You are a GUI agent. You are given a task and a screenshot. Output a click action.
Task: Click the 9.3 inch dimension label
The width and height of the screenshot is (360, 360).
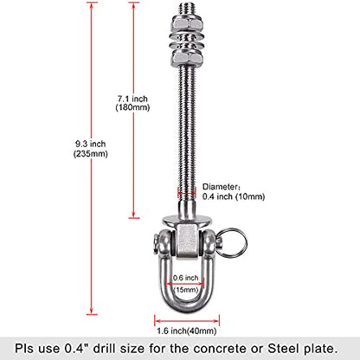91,144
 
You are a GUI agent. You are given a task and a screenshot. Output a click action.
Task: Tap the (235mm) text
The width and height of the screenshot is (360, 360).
91,154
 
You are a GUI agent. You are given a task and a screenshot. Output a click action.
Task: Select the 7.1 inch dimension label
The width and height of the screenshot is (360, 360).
132,99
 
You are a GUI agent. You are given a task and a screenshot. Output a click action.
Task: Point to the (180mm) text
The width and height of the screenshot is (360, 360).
132,107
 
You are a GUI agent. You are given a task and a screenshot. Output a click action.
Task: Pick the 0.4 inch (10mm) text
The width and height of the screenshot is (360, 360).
234,196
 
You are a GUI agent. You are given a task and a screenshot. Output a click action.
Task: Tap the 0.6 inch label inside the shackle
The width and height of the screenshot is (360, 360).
185,278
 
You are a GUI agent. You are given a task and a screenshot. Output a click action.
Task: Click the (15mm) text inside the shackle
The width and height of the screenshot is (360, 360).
185,289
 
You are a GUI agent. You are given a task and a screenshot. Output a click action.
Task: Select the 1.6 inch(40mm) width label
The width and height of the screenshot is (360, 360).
187,331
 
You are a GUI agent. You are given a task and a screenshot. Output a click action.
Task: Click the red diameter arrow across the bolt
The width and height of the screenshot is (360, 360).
187,194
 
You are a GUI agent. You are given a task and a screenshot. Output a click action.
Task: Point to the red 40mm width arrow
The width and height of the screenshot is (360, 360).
187,321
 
